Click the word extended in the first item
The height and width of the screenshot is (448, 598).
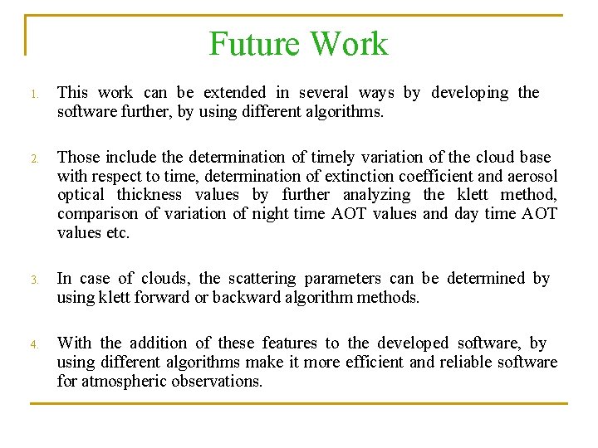tap(235, 92)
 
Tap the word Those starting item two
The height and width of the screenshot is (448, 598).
tap(77, 157)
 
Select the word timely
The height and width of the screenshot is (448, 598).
tap(331, 157)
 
